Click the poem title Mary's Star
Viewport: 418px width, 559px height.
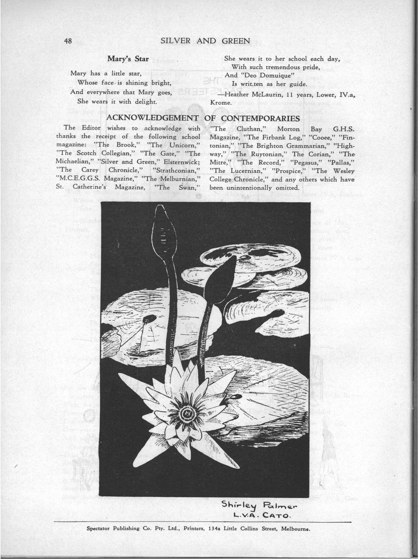128,59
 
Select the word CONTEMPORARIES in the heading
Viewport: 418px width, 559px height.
260,118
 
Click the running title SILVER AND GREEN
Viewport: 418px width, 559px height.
205,41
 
